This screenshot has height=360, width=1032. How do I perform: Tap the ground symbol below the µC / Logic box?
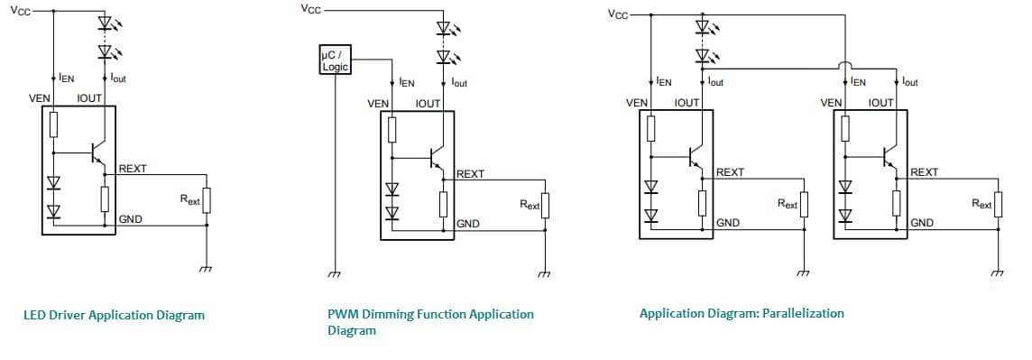(335, 273)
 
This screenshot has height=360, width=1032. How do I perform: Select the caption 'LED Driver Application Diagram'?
(114, 315)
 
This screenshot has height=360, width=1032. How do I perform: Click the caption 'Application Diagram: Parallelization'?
(742, 313)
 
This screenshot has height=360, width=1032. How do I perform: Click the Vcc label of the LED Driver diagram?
(19, 11)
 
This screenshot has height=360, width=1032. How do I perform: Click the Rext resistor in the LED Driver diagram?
(207, 199)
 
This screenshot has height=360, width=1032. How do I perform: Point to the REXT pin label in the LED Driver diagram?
(133, 169)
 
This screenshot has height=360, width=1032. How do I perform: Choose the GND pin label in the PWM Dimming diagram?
(467, 224)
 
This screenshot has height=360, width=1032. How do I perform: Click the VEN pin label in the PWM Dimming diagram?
(378, 104)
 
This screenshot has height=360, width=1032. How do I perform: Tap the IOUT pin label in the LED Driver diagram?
(91, 97)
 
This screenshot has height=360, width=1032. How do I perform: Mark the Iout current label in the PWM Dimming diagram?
(459, 83)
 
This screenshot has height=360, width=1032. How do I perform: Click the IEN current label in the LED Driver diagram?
(67, 78)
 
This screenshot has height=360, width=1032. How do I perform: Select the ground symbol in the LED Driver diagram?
(207, 268)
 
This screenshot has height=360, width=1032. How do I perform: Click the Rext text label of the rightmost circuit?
(981, 204)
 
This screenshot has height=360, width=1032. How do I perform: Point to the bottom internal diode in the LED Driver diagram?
(53, 211)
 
